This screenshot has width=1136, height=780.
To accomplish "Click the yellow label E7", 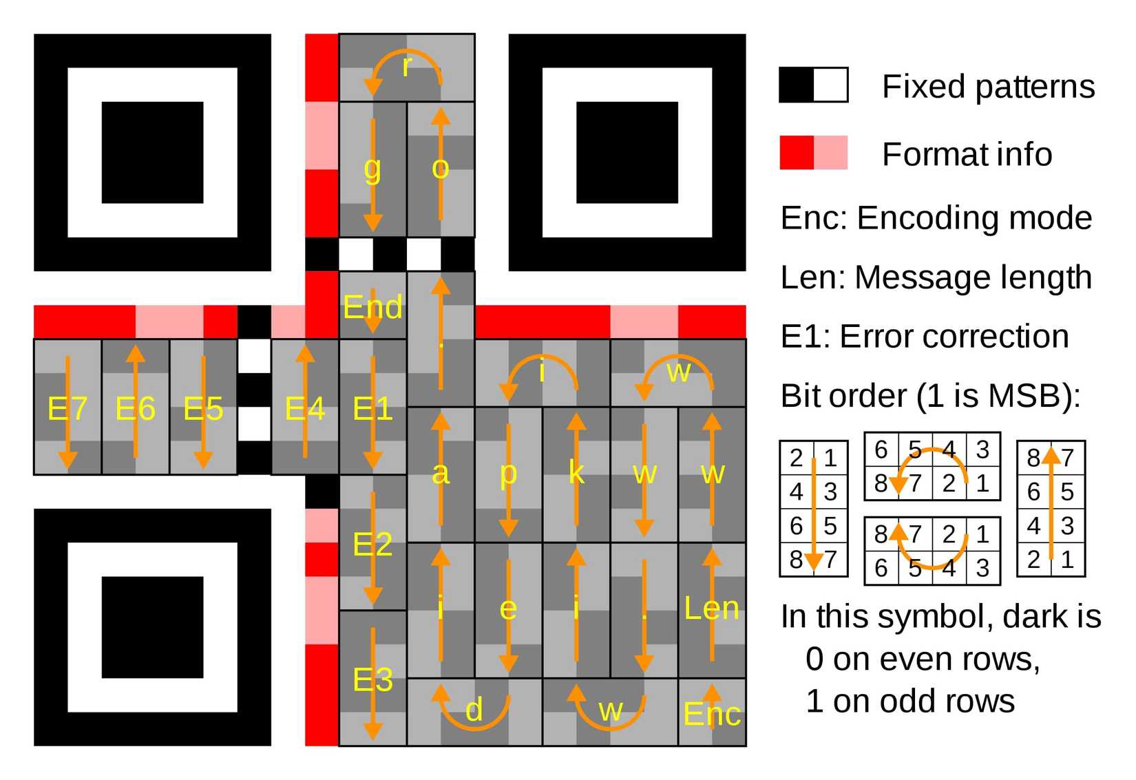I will [x=67, y=409].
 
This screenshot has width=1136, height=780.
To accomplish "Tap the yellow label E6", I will [x=135, y=409].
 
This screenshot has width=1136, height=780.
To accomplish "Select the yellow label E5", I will [x=203, y=409].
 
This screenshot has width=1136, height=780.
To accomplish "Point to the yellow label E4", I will [x=305, y=409].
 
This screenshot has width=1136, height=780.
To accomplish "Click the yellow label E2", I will [x=372, y=545].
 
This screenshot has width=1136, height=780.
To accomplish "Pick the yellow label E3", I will [x=372, y=680].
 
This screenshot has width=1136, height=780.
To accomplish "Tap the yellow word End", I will [x=372, y=307].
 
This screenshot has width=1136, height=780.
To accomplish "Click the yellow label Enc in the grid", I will [x=712, y=715].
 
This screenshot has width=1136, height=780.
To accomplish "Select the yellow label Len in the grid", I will [x=712, y=609].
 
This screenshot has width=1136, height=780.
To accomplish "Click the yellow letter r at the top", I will [x=407, y=67].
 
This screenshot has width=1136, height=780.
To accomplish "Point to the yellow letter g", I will [x=372, y=168].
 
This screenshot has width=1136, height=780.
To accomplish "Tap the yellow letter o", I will [x=441, y=168].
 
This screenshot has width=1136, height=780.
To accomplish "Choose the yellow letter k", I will [x=576, y=473].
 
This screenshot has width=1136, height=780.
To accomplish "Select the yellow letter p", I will [x=508, y=473].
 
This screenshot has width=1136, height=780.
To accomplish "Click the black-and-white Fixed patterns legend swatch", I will [x=813, y=85].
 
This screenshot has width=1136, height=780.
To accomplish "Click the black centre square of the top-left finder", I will [x=152, y=153].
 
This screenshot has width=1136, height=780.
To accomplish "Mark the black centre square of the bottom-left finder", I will [x=152, y=627].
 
